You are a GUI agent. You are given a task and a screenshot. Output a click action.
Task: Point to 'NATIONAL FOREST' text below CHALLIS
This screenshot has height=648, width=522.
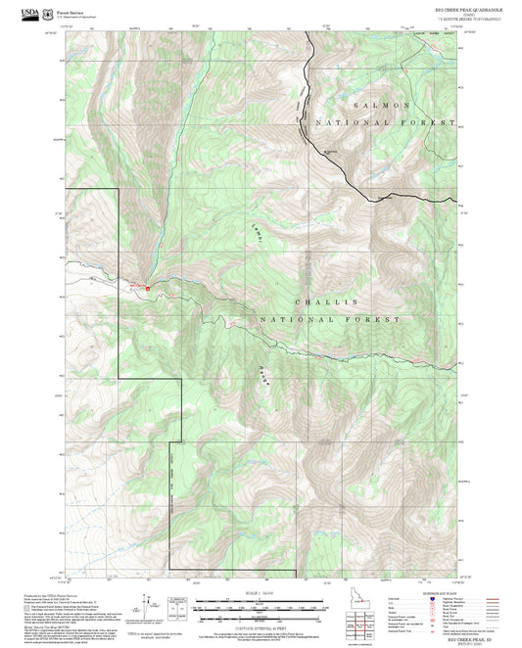pos(330,320)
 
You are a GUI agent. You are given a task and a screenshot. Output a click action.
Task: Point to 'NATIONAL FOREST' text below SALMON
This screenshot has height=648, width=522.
pos(384,122)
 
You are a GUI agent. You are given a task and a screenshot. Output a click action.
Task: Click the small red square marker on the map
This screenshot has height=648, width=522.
pos(148,289)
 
